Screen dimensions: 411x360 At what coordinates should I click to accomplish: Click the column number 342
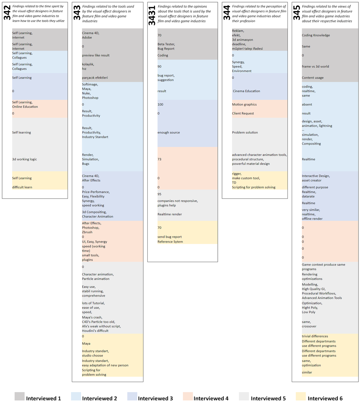(x=7, y=13)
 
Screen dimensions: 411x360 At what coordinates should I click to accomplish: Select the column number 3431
(x=152, y=15)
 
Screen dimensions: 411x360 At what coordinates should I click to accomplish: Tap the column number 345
(x=297, y=13)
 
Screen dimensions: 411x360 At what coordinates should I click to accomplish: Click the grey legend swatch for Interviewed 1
(x=19, y=396)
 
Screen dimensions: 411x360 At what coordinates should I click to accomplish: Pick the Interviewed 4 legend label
(x=211, y=399)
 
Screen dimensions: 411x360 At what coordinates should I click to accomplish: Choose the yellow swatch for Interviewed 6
(x=301, y=396)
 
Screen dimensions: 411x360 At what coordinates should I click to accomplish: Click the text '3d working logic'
(x=24, y=159)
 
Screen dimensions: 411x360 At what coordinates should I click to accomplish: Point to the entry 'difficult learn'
(x=22, y=187)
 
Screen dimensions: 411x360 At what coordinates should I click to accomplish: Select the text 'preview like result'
(x=96, y=55)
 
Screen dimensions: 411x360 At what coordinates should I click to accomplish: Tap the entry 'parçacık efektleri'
(x=95, y=78)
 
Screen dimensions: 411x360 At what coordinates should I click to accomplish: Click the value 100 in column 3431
(x=160, y=104)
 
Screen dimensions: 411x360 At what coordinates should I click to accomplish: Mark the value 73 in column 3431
(x=159, y=159)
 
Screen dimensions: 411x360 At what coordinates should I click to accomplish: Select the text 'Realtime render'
(x=170, y=214)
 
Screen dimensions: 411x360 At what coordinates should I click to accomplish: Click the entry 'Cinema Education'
(x=246, y=91)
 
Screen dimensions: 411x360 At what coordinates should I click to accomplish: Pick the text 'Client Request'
(x=243, y=113)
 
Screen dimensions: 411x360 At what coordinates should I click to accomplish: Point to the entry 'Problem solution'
(x=245, y=132)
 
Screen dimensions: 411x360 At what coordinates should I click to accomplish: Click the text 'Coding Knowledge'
(x=316, y=35)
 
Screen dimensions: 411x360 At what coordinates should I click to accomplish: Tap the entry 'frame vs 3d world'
(x=315, y=66)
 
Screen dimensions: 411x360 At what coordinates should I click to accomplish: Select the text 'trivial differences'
(x=315, y=336)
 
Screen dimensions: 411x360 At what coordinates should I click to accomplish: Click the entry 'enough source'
(x=168, y=132)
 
